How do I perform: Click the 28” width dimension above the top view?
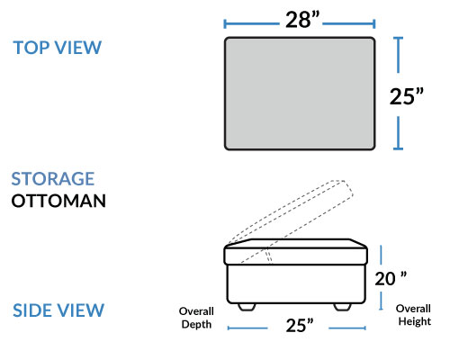pyautogui.click(x=302, y=20)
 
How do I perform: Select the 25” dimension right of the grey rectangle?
pyautogui.click(x=407, y=96)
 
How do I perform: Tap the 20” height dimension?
pyautogui.click(x=391, y=279)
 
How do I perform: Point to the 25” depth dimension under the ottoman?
pyautogui.click(x=300, y=325)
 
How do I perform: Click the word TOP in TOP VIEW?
pyautogui.click(x=31, y=48)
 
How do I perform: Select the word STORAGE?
pyautogui.click(x=53, y=179)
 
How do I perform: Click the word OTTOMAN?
pyautogui.click(x=58, y=201)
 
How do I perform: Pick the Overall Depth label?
pyautogui.click(x=196, y=318)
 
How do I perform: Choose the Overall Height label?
pyautogui.click(x=413, y=315)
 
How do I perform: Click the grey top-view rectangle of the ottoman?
pyautogui.click(x=300, y=94)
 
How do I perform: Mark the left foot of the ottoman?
pyautogui.click(x=247, y=307)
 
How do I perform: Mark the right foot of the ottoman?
pyautogui.click(x=342, y=307)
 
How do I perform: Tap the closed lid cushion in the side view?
pyautogui.click(x=296, y=252)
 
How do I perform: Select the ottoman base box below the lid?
pyautogui.click(x=296, y=283)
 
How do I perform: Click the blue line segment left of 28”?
pyautogui.click(x=252, y=23)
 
